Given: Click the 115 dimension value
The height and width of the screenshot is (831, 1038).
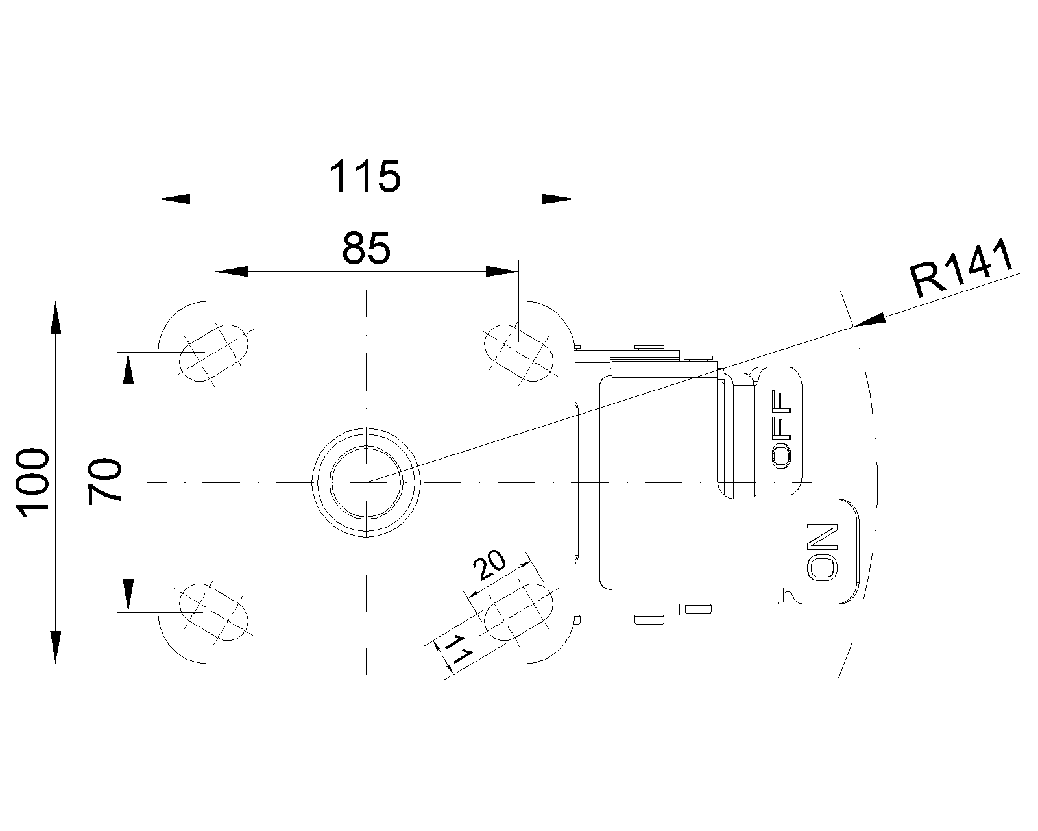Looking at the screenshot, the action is tap(365, 176).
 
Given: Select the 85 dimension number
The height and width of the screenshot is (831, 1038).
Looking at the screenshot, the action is tap(366, 248).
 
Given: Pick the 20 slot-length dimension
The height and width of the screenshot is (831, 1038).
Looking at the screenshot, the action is tap(490, 565).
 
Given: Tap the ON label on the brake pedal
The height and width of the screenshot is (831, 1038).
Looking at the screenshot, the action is tap(823, 551).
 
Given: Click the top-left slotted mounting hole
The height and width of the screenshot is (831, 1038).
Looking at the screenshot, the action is tap(213, 353).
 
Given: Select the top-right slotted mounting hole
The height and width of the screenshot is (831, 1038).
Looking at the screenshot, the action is tap(519, 353).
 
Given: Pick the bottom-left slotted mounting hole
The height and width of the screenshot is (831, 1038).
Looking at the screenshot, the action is tap(213, 612).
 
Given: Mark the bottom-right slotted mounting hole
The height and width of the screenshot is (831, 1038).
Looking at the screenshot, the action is tap(519, 612).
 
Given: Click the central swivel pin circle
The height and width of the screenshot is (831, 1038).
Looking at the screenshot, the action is tap(366, 482).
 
